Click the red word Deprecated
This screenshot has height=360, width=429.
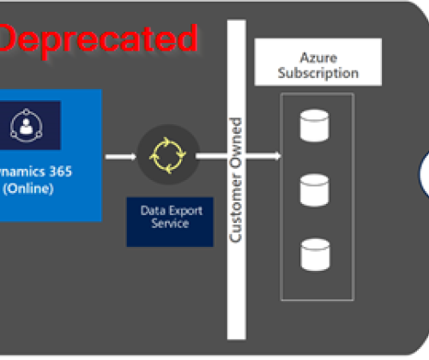pyautogui.click(x=96, y=38)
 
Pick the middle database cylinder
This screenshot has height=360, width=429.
pyautogui.click(x=311, y=190)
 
